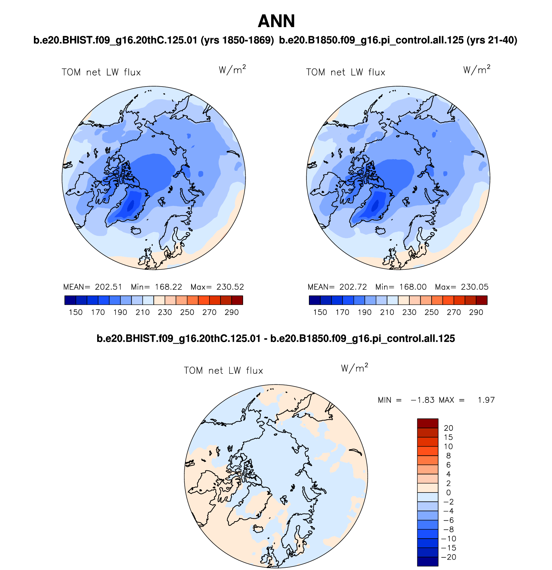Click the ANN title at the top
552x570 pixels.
pos(276,21)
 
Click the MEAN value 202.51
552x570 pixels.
pos(108,287)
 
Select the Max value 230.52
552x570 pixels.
pos(230,287)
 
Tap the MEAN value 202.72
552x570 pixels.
pos(353,287)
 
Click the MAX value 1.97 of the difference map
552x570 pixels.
pos(486,400)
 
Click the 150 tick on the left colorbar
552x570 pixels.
pos(76,312)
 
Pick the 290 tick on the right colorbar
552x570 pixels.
pos(476,312)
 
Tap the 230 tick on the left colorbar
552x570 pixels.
pos(165,312)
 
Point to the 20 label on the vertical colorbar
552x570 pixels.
pos(448,428)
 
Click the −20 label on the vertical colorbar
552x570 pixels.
pos(448,557)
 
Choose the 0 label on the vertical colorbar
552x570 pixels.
pos(448,493)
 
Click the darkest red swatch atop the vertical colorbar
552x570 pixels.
pos(427,423)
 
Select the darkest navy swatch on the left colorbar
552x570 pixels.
pos(70,300)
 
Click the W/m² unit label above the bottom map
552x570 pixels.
pos(354,368)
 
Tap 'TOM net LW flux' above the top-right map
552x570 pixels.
pos(345,72)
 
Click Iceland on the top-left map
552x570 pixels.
pos(136,230)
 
